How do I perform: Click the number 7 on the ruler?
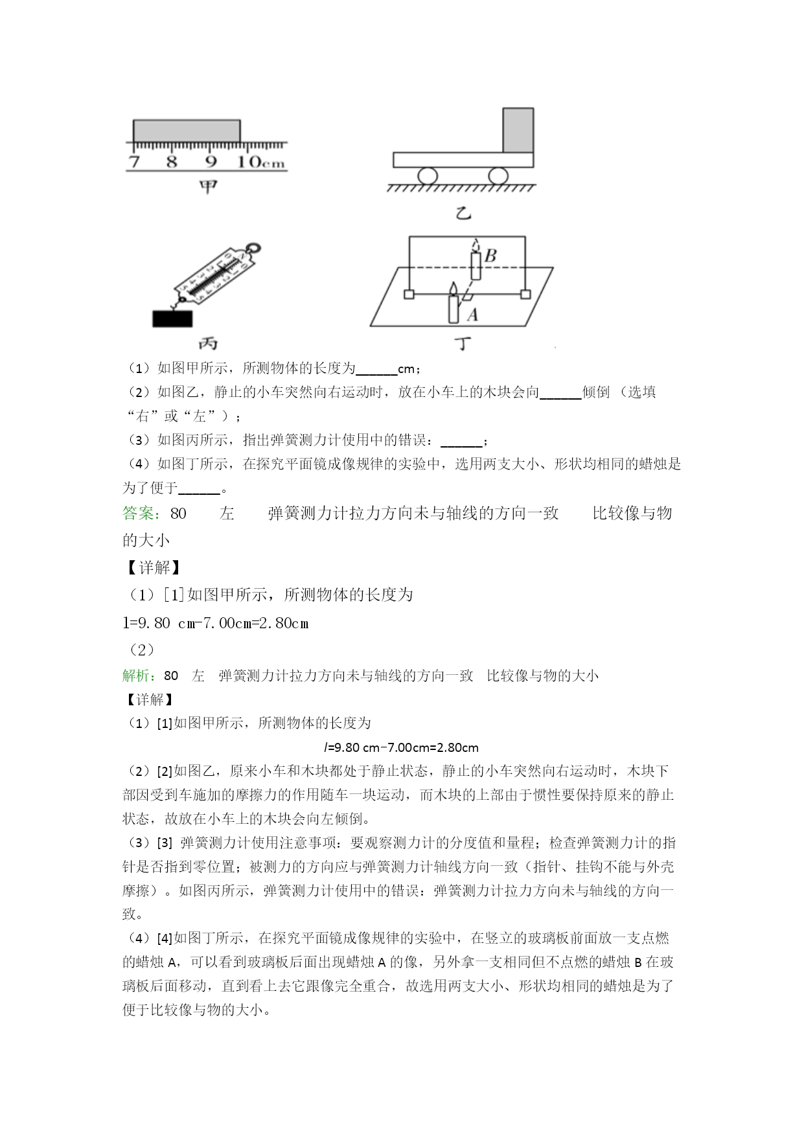tap(134, 161)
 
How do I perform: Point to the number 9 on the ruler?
tap(211, 161)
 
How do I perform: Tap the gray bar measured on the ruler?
tap(187, 130)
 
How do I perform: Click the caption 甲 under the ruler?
tap(208, 188)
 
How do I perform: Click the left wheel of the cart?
tap(428, 176)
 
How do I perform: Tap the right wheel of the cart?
tap(498, 176)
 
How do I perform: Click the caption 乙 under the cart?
tap(463, 212)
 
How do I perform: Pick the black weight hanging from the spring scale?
tap(172, 319)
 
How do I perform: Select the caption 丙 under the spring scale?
tap(207, 343)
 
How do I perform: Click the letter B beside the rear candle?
tap(490, 256)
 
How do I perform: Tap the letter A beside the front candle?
tap(472, 315)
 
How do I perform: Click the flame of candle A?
tap(454, 288)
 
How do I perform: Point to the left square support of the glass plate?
tap(409, 295)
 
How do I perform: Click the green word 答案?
tap(141, 514)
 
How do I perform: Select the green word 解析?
tap(139, 676)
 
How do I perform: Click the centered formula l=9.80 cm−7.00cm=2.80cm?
tap(401, 747)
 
